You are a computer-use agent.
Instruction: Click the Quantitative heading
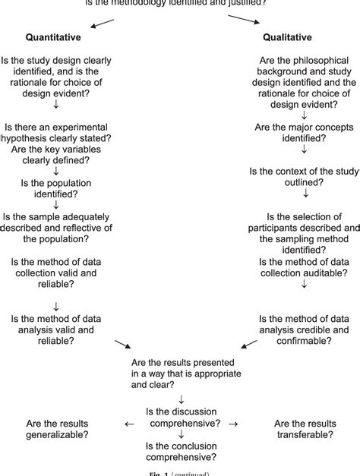click(53, 36)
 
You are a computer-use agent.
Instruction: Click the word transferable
click(303, 435)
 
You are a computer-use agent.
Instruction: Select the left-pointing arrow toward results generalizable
click(129, 424)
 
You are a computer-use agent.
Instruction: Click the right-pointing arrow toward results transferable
click(233, 424)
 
